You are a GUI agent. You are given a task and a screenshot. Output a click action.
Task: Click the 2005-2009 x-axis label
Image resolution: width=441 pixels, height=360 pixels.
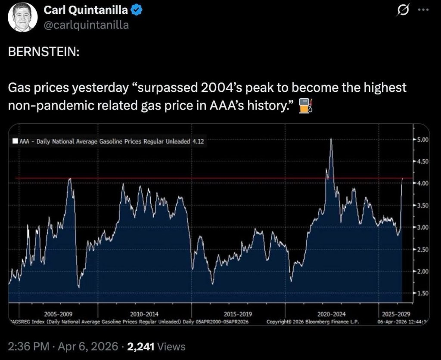pos(58,314)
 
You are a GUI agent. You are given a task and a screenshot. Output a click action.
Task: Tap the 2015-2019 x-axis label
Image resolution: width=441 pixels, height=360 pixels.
pos(238,314)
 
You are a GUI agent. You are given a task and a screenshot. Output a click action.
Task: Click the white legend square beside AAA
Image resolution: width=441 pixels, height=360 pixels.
pos(16,141)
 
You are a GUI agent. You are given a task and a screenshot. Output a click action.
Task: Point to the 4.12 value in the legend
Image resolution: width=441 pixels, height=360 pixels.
pos(198,141)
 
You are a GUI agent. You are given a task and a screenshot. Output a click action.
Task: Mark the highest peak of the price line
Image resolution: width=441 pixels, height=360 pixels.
pos(331,139)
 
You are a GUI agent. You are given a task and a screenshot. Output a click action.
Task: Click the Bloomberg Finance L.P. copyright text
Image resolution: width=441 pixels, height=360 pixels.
pos(313,322)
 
